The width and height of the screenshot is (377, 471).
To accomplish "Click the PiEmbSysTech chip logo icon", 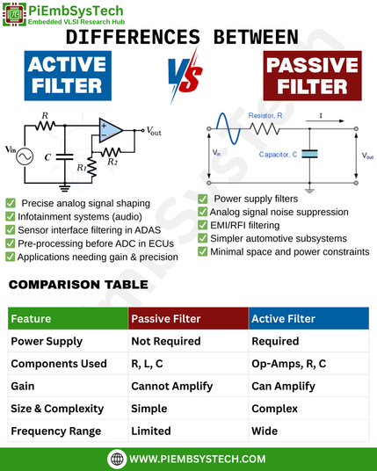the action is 14,14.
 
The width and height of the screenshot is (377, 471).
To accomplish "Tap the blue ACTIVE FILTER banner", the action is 68,76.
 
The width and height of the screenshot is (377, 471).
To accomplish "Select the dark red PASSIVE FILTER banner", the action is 313,76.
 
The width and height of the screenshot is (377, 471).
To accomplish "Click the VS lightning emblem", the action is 185,75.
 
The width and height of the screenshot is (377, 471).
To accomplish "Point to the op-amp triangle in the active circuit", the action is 111,130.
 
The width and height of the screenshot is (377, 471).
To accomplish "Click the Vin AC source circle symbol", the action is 25,156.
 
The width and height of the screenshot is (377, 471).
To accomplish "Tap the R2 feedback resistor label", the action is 112,162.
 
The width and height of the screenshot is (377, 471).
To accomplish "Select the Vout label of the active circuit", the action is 154,131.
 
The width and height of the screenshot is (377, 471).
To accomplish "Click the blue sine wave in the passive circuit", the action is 228,128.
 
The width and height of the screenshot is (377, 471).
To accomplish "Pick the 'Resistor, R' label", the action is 265,116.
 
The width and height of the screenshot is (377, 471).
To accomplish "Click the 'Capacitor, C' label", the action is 278,155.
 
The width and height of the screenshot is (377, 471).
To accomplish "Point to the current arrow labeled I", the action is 325,121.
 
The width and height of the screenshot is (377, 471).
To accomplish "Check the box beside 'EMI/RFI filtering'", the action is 203,225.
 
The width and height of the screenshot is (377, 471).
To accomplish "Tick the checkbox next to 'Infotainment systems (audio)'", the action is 11,216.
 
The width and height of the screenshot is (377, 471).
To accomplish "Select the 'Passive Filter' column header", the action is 166,319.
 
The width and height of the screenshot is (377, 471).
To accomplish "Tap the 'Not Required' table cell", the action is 166,341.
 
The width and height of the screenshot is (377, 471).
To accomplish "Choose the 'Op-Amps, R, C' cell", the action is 289,364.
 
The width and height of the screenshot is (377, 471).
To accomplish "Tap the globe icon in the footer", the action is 117,459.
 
